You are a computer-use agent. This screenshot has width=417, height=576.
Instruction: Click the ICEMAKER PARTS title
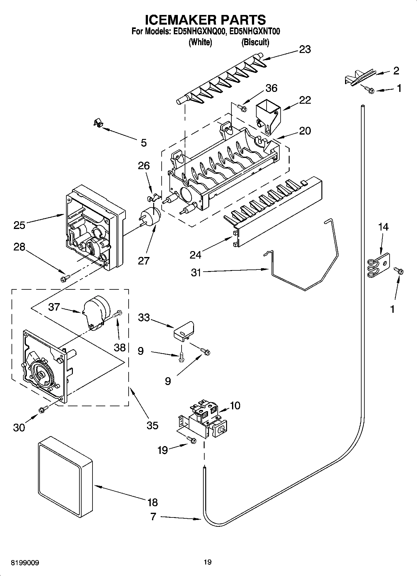(x=206, y=20)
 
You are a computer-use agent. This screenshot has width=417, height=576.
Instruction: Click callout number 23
(x=305, y=50)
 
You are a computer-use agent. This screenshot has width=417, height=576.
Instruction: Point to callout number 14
(x=383, y=227)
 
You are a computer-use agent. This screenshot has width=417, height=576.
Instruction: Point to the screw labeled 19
(x=192, y=440)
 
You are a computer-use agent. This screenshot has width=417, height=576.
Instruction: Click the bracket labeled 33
(x=184, y=330)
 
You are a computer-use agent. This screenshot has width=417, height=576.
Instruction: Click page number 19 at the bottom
(x=208, y=562)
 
